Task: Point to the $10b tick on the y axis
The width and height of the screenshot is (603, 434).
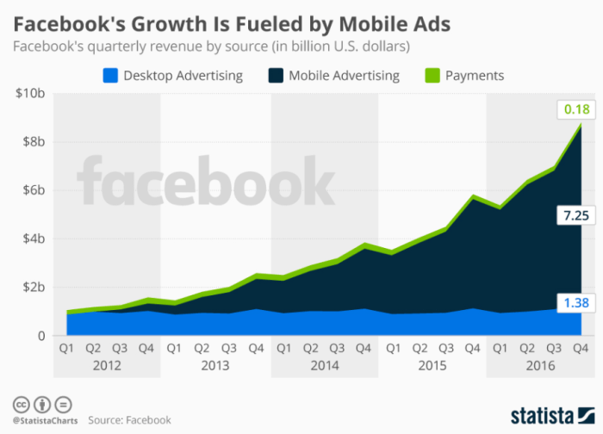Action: [x=30, y=93]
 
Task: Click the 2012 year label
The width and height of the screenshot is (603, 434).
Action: [x=108, y=365]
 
